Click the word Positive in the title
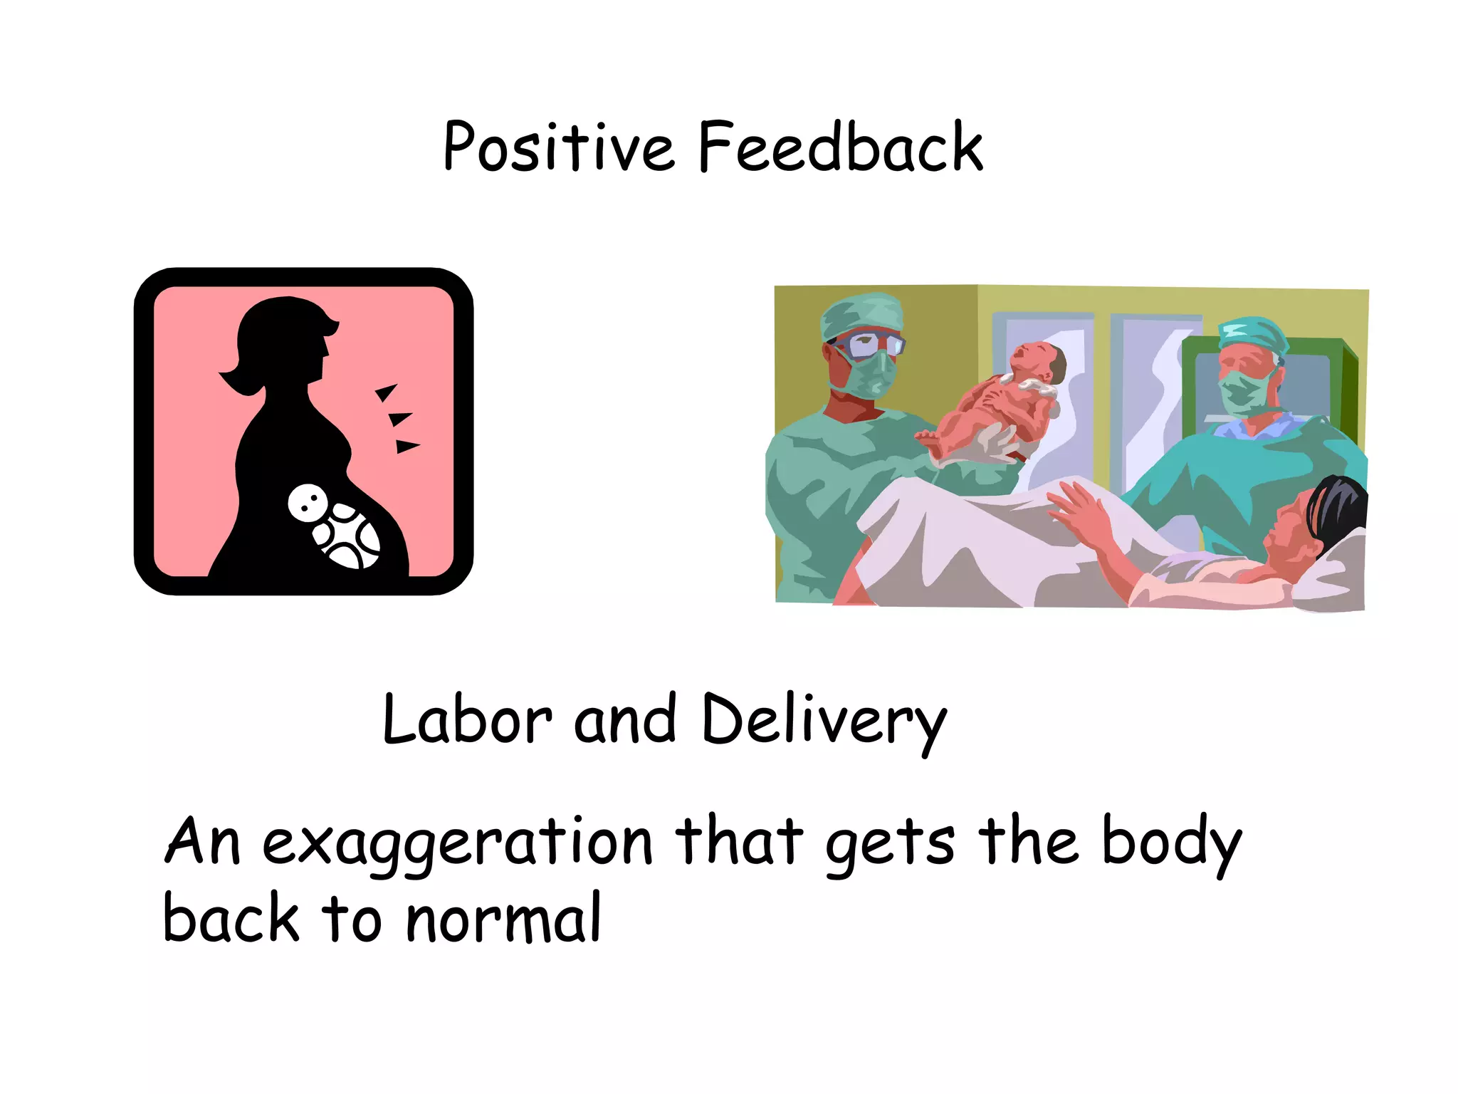tap(557, 147)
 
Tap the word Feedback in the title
tap(840, 147)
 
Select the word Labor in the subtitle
tap(466, 720)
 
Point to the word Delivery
tap(824, 721)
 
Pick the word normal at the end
tap(504, 919)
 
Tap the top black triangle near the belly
tap(387, 392)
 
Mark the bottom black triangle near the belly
tap(407, 447)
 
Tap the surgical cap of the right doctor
tap(1253, 335)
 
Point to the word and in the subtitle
tap(624, 720)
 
